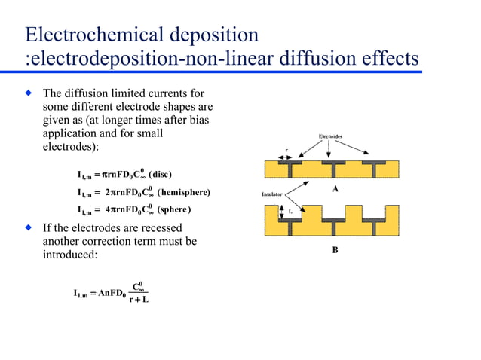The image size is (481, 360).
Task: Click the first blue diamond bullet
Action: [29, 93]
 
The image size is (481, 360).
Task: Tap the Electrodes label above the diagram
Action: [330, 137]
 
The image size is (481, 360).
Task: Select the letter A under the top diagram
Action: [335, 189]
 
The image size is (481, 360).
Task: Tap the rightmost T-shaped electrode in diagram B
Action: [374, 224]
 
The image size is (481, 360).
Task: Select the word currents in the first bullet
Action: [165, 93]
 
